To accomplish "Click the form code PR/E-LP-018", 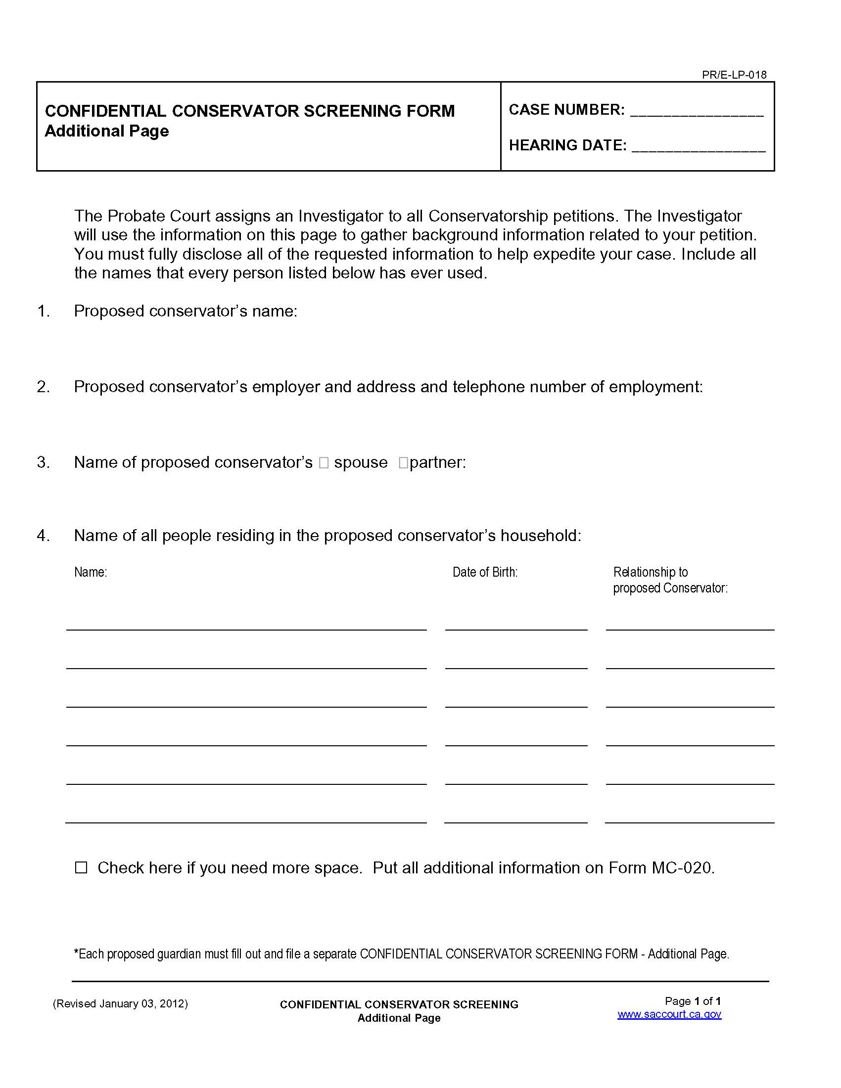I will pyautogui.click(x=734, y=75).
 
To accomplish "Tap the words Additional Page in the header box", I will pyautogui.click(x=107, y=131).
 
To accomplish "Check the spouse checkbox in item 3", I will pyautogui.click(x=324, y=463).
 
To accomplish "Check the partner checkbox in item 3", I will pyautogui.click(x=403, y=463).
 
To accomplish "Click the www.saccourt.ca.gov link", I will pyautogui.click(x=669, y=1014).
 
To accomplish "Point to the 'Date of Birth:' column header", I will pyautogui.click(x=485, y=572).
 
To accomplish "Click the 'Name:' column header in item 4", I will pyautogui.click(x=91, y=572).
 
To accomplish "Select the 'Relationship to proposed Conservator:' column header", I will pyautogui.click(x=670, y=580).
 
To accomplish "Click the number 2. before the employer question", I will pyautogui.click(x=44, y=387).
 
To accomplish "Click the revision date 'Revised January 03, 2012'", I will pyautogui.click(x=120, y=1003).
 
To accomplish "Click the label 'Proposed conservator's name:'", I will pyautogui.click(x=186, y=311).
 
